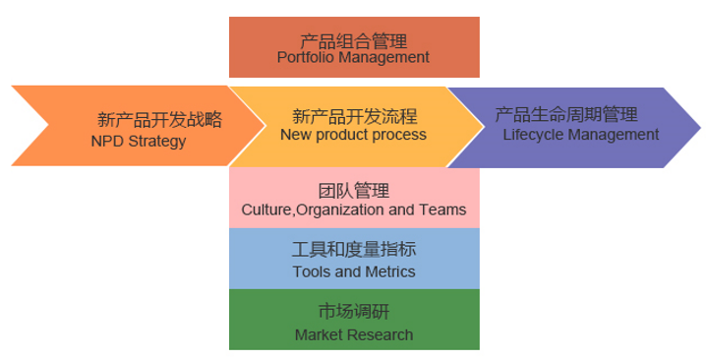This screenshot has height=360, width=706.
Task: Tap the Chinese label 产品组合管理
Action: pyautogui.click(x=354, y=40)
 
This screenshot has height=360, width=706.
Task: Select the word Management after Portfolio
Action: pyautogui.click(x=382, y=57)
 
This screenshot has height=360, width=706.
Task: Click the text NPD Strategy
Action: pyautogui.click(x=138, y=141)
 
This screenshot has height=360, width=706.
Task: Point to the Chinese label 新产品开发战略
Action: pyautogui.click(x=160, y=120)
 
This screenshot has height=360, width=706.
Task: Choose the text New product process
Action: pyautogui.click(x=353, y=134)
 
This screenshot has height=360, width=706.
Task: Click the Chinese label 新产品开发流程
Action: pyautogui.click(x=354, y=115)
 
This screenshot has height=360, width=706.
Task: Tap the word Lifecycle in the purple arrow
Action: pyautogui.click(x=531, y=134)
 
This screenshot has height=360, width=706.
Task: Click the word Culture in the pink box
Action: pyautogui.click(x=265, y=210)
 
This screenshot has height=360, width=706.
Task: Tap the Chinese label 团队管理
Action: pyautogui.click(x=354, y=191)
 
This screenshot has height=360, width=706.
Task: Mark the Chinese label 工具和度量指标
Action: pyautogui.click(x=354, y=251)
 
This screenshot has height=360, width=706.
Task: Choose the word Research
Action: pyautogui.click(x=380, y=334)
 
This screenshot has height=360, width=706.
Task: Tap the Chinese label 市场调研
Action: pyautogui.click(x=354, y=313)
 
